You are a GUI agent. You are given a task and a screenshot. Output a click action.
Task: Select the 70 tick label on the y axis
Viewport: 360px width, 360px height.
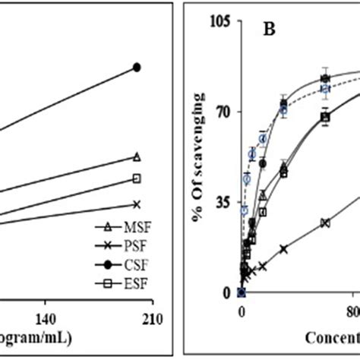coord(225,112)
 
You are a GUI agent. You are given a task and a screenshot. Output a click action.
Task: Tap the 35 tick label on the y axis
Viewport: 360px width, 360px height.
coord(225,203)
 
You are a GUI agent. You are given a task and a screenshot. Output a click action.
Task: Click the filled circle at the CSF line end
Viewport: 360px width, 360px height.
coord(137,67)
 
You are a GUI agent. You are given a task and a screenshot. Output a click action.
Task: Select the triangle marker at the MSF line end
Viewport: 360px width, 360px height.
coord(137,156)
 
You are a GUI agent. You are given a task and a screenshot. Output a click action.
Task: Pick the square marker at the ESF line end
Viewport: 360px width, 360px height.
coord(137,178)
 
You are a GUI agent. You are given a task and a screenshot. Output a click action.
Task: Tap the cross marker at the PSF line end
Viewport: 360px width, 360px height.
coord(137,204)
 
